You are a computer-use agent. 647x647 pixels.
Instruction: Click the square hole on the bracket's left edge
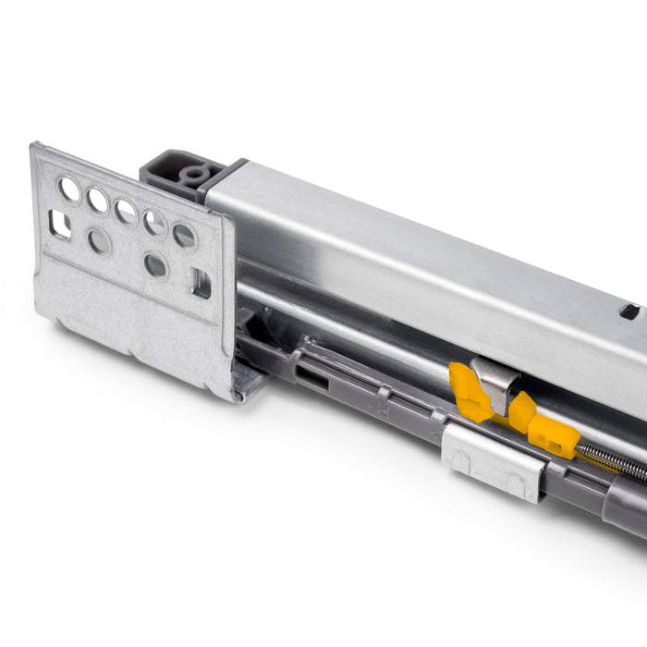[59, 223]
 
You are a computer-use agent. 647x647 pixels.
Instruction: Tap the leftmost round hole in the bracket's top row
[69, 189]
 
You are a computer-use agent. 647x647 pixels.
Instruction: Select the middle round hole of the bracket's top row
[126, 211]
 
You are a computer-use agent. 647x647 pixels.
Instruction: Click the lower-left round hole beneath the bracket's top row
[99, 242]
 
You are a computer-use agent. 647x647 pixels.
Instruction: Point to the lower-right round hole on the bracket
[156, 265]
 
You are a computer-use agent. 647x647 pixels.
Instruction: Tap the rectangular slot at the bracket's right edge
[201, 283]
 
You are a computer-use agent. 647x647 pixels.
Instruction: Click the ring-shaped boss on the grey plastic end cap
[194, 174]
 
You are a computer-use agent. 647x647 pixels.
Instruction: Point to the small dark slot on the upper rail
[629, 311]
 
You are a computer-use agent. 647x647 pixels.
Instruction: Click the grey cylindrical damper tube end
[624, 508]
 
